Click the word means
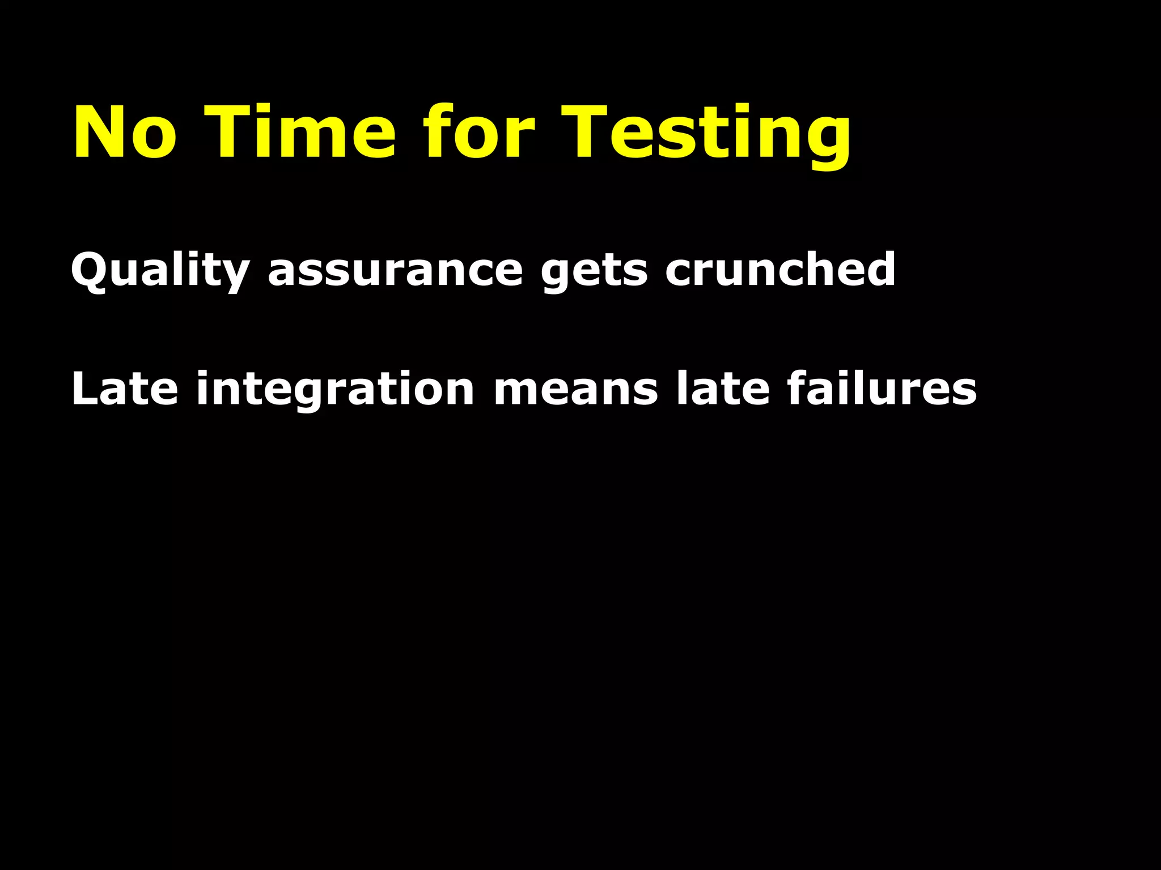[575, 390]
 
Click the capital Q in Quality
[91, 271]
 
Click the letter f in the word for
[439, 131]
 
